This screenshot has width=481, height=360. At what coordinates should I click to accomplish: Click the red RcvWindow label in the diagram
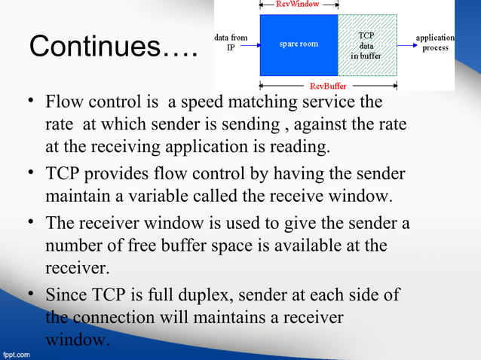[x=297, y=5]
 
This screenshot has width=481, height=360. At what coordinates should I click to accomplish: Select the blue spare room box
[x=299, y=44]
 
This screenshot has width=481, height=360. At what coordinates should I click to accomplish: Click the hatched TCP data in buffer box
[x=365, y=44]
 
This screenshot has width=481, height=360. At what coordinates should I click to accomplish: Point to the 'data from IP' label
[x=231, y=42]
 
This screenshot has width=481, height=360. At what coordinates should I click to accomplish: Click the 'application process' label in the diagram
[x=435, y=42]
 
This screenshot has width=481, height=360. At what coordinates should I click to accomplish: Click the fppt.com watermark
[x=16, y=352]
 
